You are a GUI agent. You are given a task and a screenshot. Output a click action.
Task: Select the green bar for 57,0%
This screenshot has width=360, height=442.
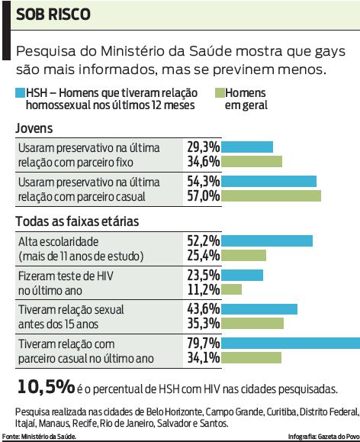(272, 195)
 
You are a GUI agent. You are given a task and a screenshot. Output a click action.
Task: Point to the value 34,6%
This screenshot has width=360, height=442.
(204, 161)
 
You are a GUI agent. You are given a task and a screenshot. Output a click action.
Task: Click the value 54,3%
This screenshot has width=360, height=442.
(204, 181)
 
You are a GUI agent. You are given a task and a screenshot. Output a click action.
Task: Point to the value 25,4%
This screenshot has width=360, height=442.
(204, 255)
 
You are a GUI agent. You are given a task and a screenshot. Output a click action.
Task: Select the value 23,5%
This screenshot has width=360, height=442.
(204, 274)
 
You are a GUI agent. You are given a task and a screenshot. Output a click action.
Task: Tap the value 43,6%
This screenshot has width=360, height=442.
(204, 308)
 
